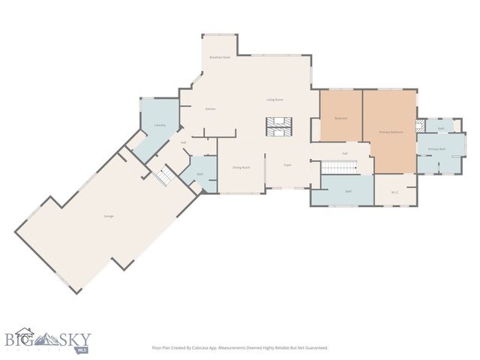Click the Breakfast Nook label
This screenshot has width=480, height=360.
(x=220, y=57)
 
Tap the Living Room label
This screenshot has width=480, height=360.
(x=274, y=99)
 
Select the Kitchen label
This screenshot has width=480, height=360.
(x=211, y=109)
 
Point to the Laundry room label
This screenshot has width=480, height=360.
(x=159, y=125)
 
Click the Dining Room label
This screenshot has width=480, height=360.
(x=241, y=167)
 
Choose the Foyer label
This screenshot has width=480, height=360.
(x=286, y=165)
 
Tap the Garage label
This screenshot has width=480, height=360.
(x=109, y=216)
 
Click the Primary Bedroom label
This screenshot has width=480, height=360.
(x=391, y=132)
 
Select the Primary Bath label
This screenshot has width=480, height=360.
(x=436, y=149)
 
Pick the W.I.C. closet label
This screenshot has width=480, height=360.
(x=394, y=192)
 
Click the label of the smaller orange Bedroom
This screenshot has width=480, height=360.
(x=340, y=118)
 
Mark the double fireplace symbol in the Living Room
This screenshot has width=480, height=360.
(x=278, y=127)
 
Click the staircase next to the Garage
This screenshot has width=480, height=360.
(x=165, y=177)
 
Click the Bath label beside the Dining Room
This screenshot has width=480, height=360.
(x=199, y=175)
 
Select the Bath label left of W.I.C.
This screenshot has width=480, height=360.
(x=349, y=191)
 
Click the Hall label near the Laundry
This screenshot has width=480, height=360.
(x=183, y=142)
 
